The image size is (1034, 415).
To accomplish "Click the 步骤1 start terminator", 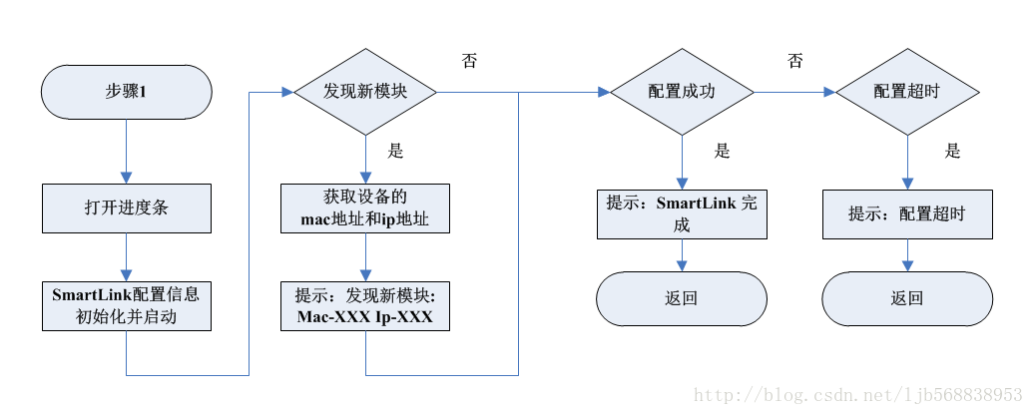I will coord(127,92).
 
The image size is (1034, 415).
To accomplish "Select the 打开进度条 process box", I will coord(127,207).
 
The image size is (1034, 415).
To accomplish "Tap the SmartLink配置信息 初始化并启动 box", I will coord(127,305).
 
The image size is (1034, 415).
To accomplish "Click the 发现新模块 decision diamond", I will coord(365,92).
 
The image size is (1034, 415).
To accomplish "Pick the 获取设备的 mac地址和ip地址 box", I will coord(365,207).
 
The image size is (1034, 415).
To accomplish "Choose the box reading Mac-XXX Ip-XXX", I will coord(365,305).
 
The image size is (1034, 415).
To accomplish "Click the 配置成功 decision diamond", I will coord(682,92).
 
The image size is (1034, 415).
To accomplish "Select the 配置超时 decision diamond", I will coord(908,92).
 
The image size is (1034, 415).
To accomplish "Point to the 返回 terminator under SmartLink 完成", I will coord(682,297).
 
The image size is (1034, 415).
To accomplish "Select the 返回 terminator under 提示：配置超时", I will coord(908,297).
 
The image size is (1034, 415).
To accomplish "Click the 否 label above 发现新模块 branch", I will coord(469,61).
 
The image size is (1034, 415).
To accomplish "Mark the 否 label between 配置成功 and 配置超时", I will coord(794,61).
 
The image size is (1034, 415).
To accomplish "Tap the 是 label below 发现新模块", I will coord(394,152).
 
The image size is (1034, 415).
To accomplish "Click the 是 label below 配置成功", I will coord(723,152).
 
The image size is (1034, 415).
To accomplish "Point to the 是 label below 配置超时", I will coord(952,152).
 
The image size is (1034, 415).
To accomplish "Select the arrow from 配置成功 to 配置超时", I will coord(794,92).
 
